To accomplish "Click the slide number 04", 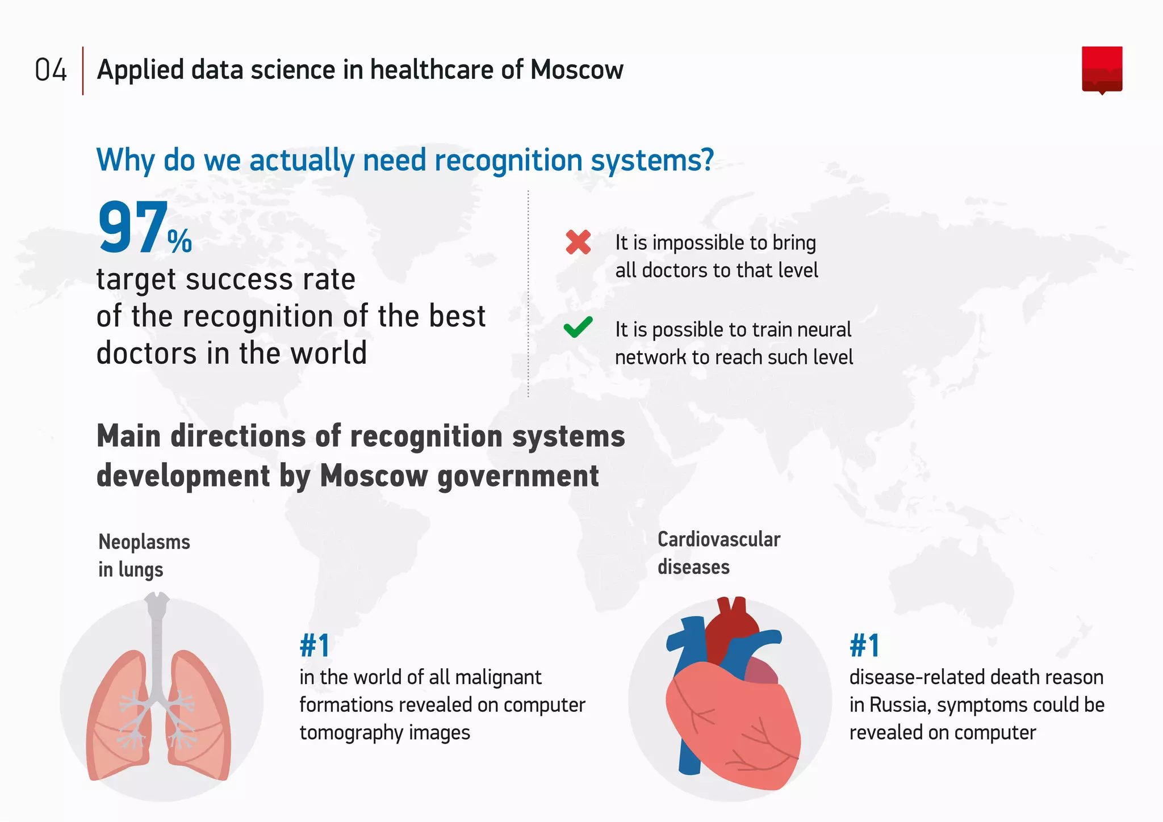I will tap(51, 70).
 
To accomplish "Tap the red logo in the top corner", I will tap(1102, 70).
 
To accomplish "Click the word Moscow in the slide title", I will tap(576, 70).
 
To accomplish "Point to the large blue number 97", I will tap(133, 228).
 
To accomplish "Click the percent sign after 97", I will tap(180, 241).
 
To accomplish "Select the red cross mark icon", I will tap(578, 242).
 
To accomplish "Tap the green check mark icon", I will tap(578, 327).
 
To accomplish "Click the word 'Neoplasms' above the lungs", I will tap(144, 542).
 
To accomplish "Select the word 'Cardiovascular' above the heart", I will tap(719, 539).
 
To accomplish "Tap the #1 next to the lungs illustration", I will tap(315, 645).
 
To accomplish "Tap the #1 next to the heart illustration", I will tap(864, 645).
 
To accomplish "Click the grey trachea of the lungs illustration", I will tap(157, 641).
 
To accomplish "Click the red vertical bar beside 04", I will tap(83, 70).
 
